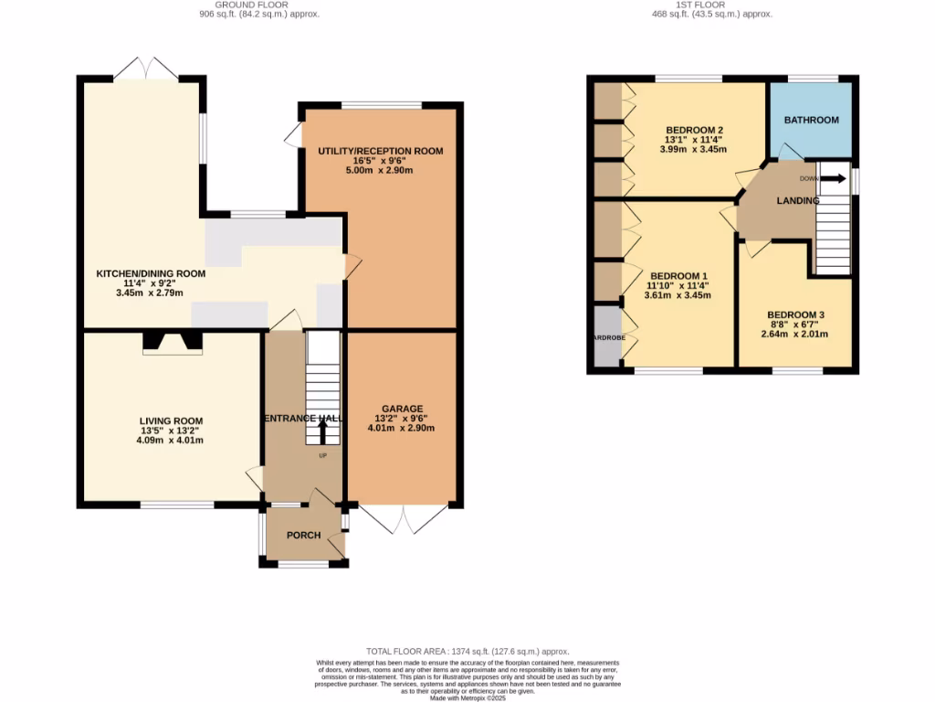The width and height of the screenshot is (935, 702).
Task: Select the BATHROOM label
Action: point(811,120)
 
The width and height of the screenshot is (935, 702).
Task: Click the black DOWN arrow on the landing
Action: point(832,178)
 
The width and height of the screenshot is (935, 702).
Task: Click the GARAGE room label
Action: point(402,409)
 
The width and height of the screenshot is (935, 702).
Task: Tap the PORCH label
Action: point(304,536)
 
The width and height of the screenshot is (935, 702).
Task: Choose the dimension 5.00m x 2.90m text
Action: point(380,171)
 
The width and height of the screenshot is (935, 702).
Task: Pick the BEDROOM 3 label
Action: point(794,312)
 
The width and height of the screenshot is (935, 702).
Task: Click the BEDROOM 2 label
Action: point(694,129)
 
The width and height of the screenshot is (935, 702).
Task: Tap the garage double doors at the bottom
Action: point(403,519)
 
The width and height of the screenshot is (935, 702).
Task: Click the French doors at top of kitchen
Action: point(142,69)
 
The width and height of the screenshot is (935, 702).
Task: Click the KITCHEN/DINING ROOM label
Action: point(151,273)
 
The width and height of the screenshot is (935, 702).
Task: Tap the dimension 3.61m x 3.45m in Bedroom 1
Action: point(677,295)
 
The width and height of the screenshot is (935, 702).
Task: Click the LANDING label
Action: point(797,200)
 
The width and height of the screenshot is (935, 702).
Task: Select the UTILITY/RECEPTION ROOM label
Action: point(380,151)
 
